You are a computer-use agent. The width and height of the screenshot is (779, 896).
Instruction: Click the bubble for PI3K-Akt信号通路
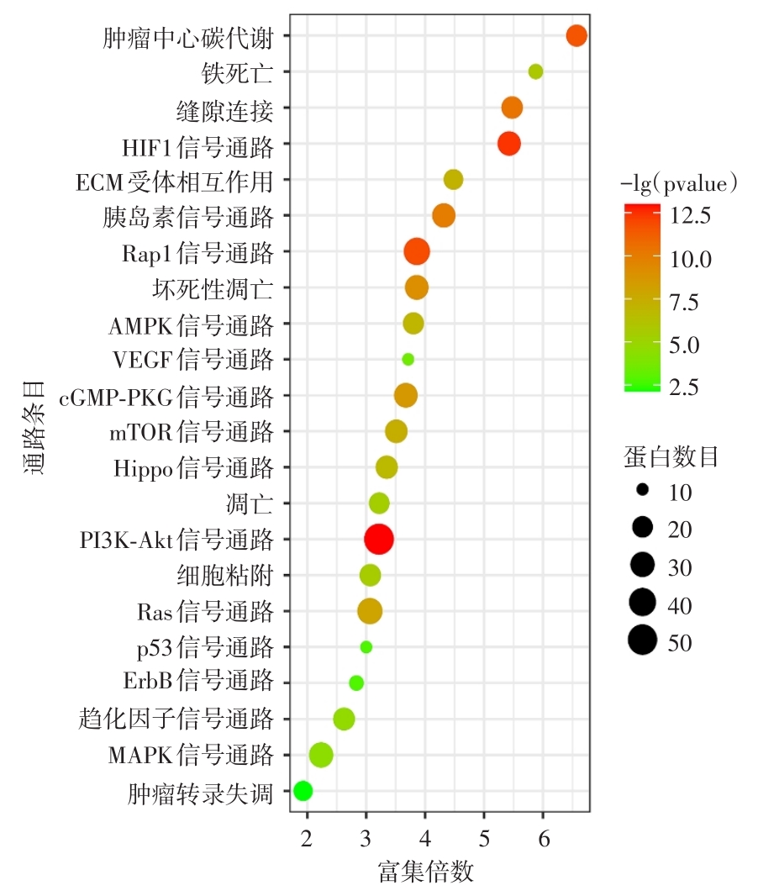379,539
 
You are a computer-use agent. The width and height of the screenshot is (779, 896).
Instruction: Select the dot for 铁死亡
535,71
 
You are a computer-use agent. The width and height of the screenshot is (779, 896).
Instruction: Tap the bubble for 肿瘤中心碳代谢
576,35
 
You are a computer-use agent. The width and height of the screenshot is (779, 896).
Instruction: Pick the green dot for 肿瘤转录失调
303,791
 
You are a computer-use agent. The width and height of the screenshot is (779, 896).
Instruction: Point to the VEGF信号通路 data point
408,359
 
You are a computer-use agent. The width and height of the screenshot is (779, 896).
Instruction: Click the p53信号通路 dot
366,647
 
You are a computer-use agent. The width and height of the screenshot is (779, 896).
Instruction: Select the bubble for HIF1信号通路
509,144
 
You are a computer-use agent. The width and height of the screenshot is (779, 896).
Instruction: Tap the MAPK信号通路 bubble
321,755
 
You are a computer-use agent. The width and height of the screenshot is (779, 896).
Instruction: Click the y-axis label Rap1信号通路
197,252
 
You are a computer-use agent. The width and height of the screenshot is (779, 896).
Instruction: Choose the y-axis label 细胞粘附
225,576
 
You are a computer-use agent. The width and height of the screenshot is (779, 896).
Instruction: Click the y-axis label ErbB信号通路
198,683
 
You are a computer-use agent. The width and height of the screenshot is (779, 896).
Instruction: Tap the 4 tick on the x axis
425,837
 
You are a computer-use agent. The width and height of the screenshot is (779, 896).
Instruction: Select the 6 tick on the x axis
544,837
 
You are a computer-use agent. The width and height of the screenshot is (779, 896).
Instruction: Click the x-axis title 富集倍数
426,871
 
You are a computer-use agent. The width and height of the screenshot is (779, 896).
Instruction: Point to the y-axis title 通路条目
34,431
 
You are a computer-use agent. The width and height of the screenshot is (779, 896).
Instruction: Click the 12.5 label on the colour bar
692,216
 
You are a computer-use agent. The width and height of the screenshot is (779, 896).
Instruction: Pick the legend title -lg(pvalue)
679,182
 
